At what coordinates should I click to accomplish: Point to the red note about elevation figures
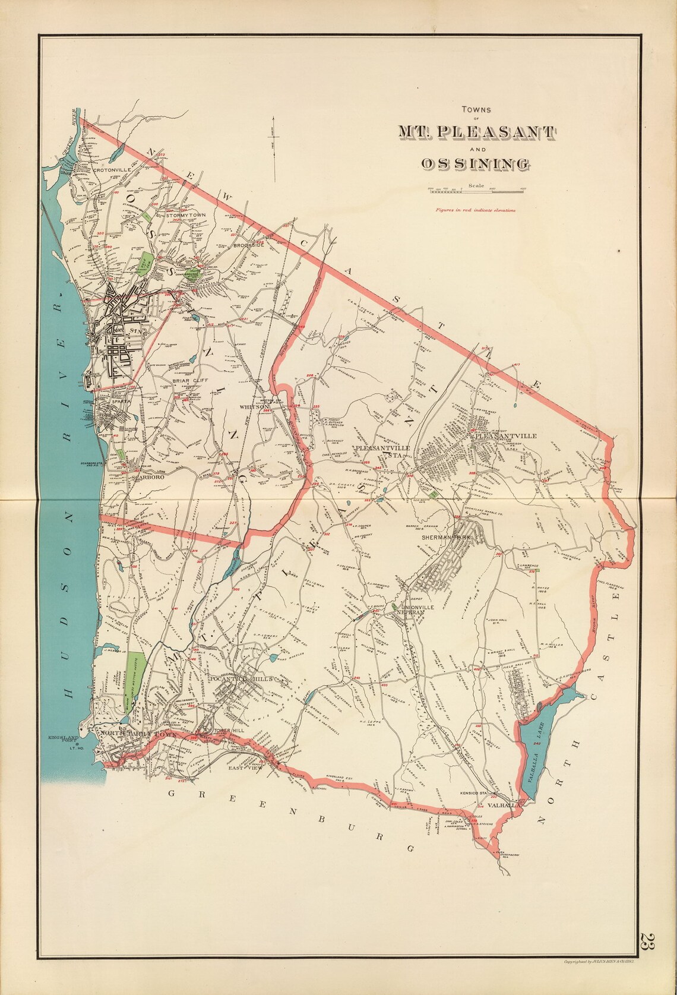point(474,210)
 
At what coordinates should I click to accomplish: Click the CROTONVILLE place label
point(111,170)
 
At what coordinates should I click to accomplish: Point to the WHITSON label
point(255,407)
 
